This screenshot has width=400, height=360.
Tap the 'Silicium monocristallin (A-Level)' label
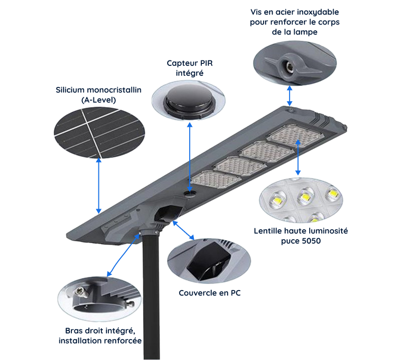pyautogui.click(x=99, y=94)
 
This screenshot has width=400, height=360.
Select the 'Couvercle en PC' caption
pyautogui.click(x=210, y=293)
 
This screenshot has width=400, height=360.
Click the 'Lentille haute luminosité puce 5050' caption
pyautogui.click(x=300, y=236)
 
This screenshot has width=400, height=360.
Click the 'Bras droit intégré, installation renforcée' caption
pyautogui.click(x=100, y=336)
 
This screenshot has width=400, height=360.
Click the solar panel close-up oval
pyautogui.click(x=99, y=132)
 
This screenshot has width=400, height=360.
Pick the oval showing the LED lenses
pyautogui.click(x=300, y=199)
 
